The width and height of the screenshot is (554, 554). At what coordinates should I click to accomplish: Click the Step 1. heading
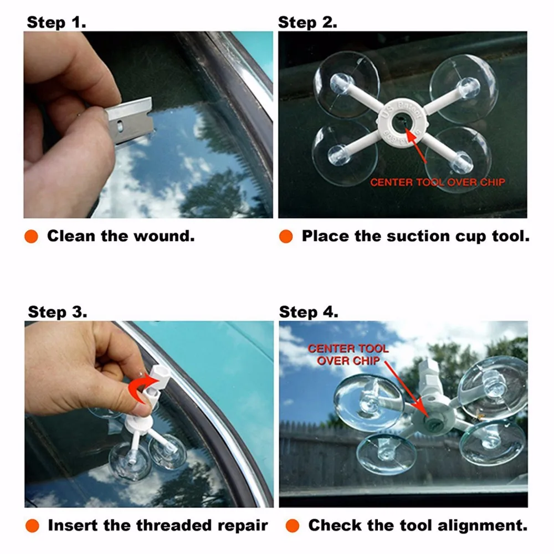(57, 22)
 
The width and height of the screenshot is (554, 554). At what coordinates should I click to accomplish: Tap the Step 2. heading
(307, 22)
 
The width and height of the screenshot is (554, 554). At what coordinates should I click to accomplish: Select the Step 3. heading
(58, 312)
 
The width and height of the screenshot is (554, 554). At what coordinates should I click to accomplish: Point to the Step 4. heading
(309, 312)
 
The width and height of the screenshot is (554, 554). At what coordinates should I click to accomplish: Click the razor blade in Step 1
(130, 120)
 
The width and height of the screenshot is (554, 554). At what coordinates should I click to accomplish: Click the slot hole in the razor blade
(120, 126)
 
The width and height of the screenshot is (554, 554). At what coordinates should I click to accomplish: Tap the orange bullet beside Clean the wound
(31, 236)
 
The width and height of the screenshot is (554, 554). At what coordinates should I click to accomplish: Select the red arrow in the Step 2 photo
(416, 145)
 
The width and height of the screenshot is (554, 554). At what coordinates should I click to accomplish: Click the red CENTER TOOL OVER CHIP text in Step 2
(438, 182)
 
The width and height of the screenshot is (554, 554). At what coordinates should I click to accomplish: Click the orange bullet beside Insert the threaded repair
(32, 525)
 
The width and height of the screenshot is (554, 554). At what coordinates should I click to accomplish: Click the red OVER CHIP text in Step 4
(348, 361)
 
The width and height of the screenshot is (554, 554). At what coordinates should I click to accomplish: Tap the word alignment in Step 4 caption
(483, 525)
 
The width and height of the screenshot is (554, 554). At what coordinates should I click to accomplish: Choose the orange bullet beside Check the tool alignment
(292, 525)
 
